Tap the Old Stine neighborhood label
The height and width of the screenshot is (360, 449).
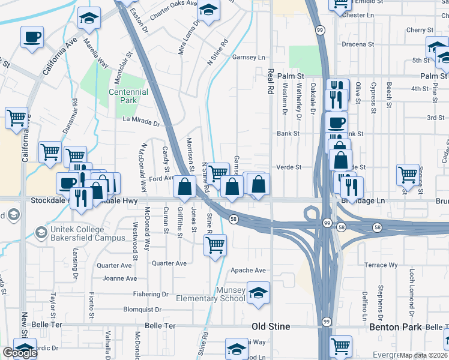pos(270,326)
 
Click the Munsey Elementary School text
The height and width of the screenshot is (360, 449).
pos(211,294)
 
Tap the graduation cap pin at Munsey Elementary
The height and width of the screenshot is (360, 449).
pos(258,293)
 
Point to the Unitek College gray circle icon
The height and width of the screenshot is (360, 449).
pos(41,232)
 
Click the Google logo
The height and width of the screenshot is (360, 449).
pos(20,353)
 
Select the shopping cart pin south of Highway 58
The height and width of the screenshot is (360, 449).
pos(215,244)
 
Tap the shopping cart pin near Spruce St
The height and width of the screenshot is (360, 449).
pos(408,175)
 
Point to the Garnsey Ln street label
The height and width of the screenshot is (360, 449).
pos(248,58)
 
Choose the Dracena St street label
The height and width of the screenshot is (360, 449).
pos(357,44)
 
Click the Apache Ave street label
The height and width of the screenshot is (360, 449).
pos(249,271)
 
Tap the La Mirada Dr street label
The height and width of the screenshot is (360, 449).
pos(142,122)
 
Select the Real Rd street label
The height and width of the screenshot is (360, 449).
pos(271,81)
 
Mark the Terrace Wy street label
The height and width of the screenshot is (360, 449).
pos(381,265)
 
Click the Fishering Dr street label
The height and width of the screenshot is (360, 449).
pos(151,294)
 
